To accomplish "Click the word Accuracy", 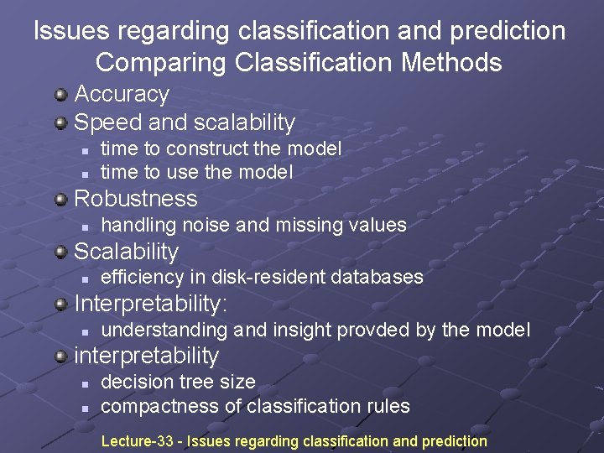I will (122, 94).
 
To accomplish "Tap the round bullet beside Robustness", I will (61, 199).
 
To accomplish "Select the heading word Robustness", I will (136, 199).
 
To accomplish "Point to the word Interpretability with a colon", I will (151, 303).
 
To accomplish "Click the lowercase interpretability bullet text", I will (147, 356).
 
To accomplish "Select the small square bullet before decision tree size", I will (86, 383).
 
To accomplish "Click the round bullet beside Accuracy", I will (61, 94).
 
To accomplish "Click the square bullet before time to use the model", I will (86, 174).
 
